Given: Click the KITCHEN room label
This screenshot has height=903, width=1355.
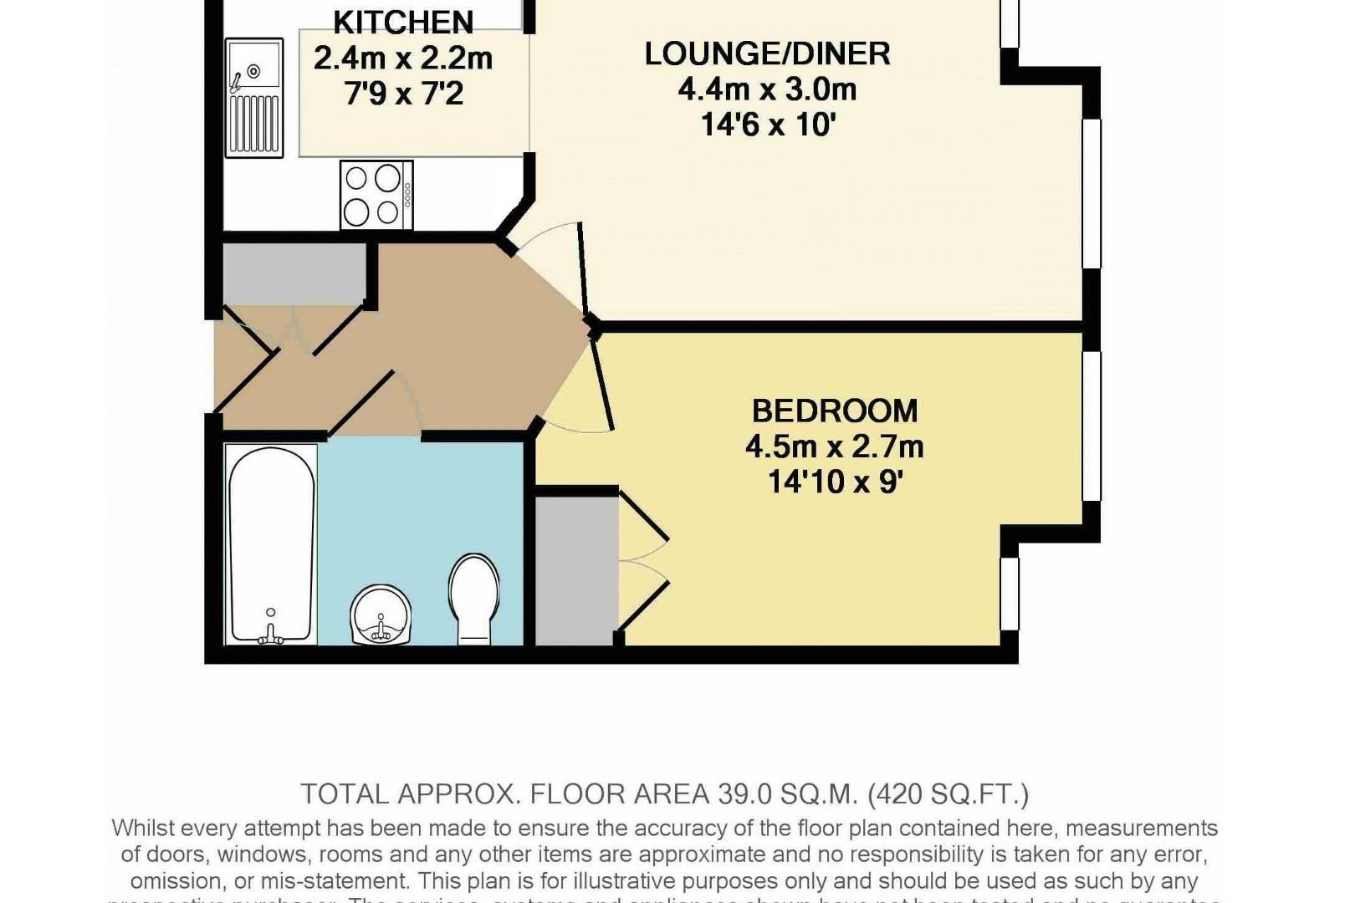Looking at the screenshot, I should pos(403,22).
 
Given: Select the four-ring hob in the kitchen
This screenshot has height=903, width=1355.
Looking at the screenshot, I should pos(376,195).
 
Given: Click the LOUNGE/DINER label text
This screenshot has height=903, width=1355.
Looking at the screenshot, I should pos(767,54).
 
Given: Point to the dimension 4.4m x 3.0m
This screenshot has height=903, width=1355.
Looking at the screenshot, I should pos(767,89).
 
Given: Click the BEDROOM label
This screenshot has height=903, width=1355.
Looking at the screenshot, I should pos(835,411).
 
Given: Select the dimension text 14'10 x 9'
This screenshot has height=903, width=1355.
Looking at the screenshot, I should pos(835,482).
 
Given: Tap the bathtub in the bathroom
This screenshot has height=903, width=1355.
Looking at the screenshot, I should pos(271,543).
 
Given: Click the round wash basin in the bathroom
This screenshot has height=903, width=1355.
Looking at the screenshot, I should pos(381,615).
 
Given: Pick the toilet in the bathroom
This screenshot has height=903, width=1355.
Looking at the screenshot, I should pos(474,598).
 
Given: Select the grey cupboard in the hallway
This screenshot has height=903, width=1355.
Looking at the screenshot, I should pos(293,273).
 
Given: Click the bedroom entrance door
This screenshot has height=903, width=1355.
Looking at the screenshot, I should pos(604,380).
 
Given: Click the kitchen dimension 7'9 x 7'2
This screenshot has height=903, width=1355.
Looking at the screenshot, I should pos(403,94).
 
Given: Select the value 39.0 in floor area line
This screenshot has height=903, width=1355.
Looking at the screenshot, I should pos(744,793).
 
